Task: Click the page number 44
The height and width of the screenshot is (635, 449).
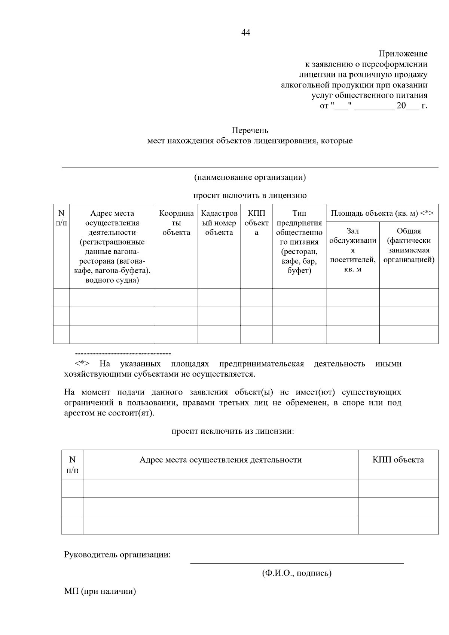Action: [245, 33]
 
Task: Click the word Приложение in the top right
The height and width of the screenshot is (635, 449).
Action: [403, 54]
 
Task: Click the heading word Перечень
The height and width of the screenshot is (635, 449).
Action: [250, 131]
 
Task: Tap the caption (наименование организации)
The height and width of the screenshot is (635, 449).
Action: [250, 177]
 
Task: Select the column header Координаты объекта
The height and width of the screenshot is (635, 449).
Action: [176, 223]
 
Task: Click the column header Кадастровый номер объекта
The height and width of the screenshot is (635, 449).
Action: [219, 223]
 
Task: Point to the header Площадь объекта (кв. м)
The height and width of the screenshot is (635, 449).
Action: [382, 213]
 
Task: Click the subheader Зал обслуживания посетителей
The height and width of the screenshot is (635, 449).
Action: [352, 250]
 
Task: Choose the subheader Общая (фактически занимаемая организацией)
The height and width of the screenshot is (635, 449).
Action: [409, 245]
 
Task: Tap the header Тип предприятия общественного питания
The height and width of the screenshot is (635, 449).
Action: [299, 242]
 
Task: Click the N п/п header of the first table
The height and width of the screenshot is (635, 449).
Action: [61, 218]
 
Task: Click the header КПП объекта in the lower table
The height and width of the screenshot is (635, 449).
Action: [398, 460]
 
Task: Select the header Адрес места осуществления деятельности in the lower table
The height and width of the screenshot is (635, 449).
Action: [220, 460]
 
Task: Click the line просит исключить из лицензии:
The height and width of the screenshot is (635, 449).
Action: [233, 431]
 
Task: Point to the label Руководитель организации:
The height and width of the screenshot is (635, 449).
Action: [117, 555]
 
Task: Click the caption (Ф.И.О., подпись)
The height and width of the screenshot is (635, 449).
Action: [296, 573]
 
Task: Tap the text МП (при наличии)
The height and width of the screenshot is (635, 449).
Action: [100, 591]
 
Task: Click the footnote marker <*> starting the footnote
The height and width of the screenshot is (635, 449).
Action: [82, 363]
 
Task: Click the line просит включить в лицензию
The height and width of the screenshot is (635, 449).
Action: [250, 196]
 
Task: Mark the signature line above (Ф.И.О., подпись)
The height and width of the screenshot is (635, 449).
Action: [297, 562]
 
